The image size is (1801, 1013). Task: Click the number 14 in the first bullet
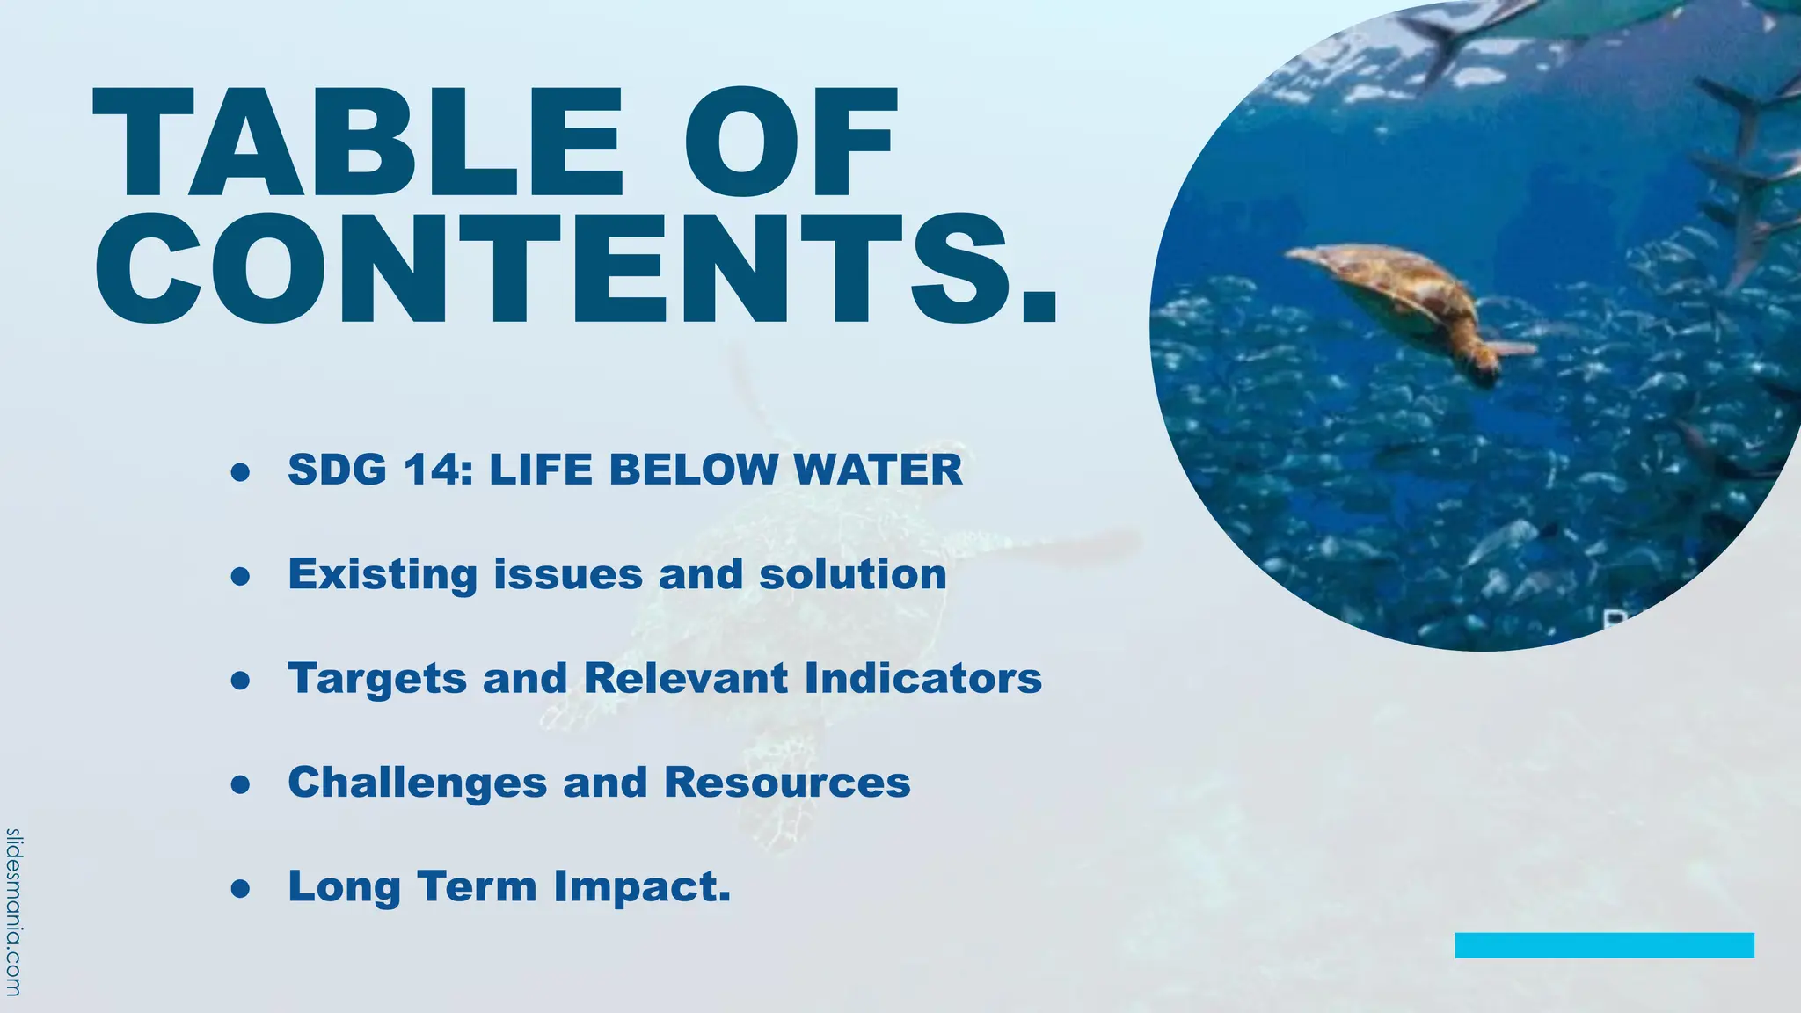[430, 470]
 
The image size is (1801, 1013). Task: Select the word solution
[853, 575]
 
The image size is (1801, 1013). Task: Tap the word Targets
[377, 679]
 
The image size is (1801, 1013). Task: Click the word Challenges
[418, 783]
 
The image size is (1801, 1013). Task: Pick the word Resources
[787, 783]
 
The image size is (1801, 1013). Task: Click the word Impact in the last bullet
[641, 886]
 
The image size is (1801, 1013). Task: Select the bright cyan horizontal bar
[1604, 945]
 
